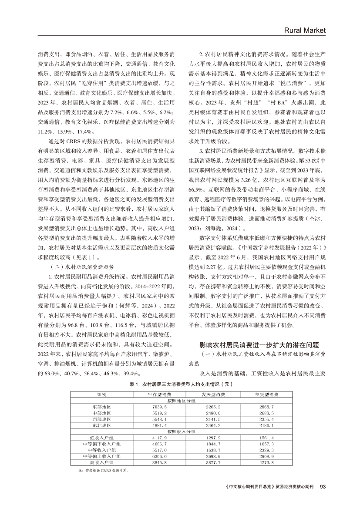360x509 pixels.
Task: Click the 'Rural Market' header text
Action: [x=304, y=30]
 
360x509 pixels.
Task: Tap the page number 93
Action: [x=322, y=486]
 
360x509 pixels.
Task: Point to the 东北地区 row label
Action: [x=102, y=425]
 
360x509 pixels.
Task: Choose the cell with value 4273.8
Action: [x=266, y=462]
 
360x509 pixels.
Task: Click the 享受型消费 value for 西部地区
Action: [x=266, y=418]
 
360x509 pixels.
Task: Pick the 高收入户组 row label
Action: [x=102, y=462]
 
